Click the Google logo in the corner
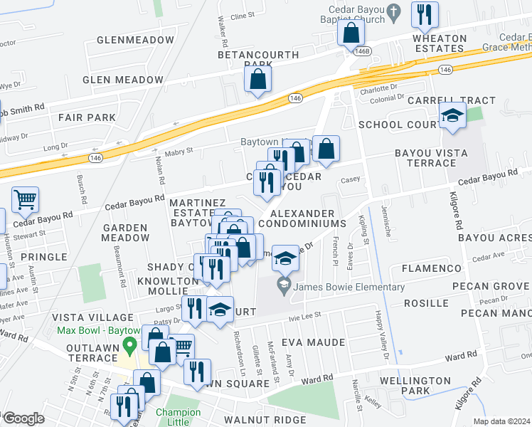(23, 418)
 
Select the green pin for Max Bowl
(129, 347)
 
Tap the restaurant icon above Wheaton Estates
(425, 14)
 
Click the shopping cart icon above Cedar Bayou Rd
(25, 200)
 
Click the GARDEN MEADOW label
(125, 233)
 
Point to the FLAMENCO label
(432, 268)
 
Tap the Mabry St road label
(180, 151)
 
